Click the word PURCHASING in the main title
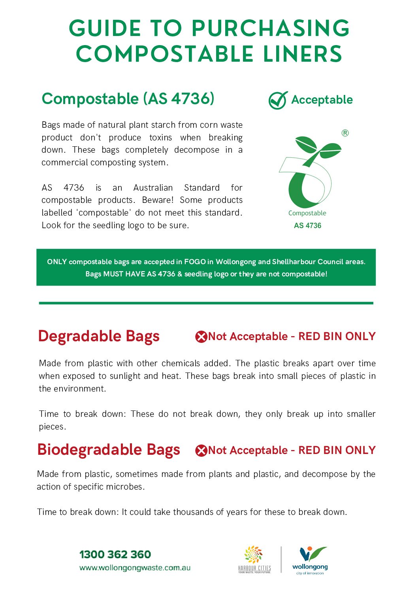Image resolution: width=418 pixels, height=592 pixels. (271, 28)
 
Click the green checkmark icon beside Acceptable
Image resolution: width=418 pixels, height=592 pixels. (278, 100)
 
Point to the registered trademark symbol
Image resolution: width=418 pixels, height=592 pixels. (345, 133)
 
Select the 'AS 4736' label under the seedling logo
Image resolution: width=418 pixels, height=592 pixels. (307, 225)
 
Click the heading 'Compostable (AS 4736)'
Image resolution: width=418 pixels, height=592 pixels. (128, 99)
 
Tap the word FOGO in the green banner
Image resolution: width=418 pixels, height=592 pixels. (195, 262)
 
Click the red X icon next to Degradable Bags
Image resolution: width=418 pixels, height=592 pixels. (201, 337)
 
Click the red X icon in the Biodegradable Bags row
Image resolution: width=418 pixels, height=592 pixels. (201, 450)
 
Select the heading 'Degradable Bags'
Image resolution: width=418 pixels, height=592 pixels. (99, 336)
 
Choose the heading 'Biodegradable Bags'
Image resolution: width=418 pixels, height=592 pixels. (109, 450)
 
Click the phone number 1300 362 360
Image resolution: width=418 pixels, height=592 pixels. (115, 554)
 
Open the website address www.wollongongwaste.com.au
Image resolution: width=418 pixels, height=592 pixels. (135, 568)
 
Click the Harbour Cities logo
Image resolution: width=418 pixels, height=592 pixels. (254, 559)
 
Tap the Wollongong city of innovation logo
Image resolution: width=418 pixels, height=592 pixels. (310, 560)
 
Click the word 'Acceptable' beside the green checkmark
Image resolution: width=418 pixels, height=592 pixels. (322, 100)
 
